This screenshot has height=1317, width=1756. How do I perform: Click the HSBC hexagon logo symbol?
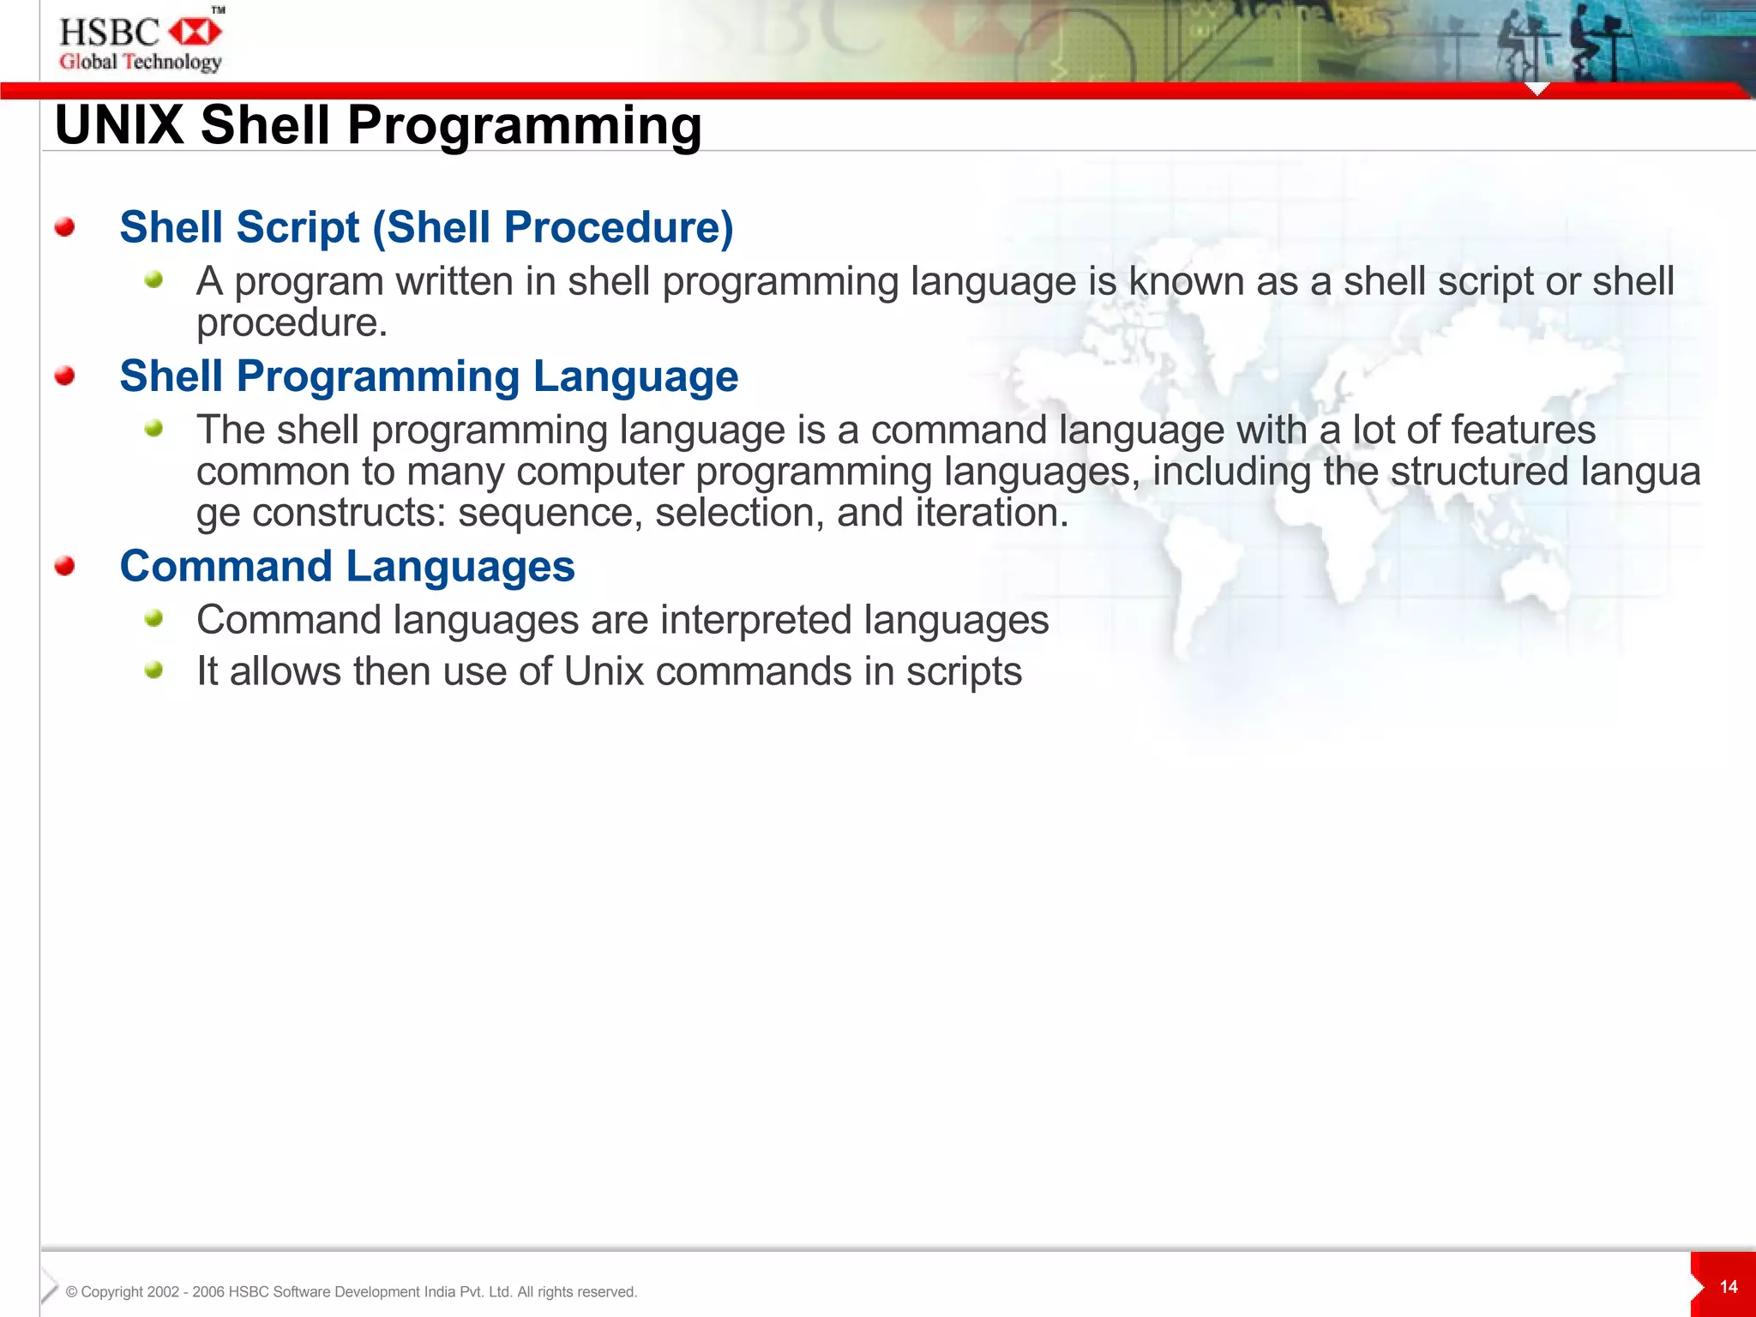coord(195,33)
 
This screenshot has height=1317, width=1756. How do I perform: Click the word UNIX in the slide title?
coord(119,125)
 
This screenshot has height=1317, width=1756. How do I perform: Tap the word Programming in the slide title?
coord(524,125)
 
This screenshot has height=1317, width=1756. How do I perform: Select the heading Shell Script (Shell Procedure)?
coord(426,227)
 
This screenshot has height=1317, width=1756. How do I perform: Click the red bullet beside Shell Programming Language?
coord(64,376)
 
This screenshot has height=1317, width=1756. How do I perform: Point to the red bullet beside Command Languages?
coord(64,566)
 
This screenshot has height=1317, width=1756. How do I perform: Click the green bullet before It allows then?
coord(153,670)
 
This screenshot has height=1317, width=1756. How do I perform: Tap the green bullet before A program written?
coord(153,280)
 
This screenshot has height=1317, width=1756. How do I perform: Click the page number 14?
coord(1729,1287)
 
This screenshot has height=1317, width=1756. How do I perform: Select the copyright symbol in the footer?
coord(72,1292)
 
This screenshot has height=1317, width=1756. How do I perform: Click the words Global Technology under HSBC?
coord(141,62)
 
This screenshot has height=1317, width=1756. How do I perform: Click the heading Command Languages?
coord(347,566)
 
